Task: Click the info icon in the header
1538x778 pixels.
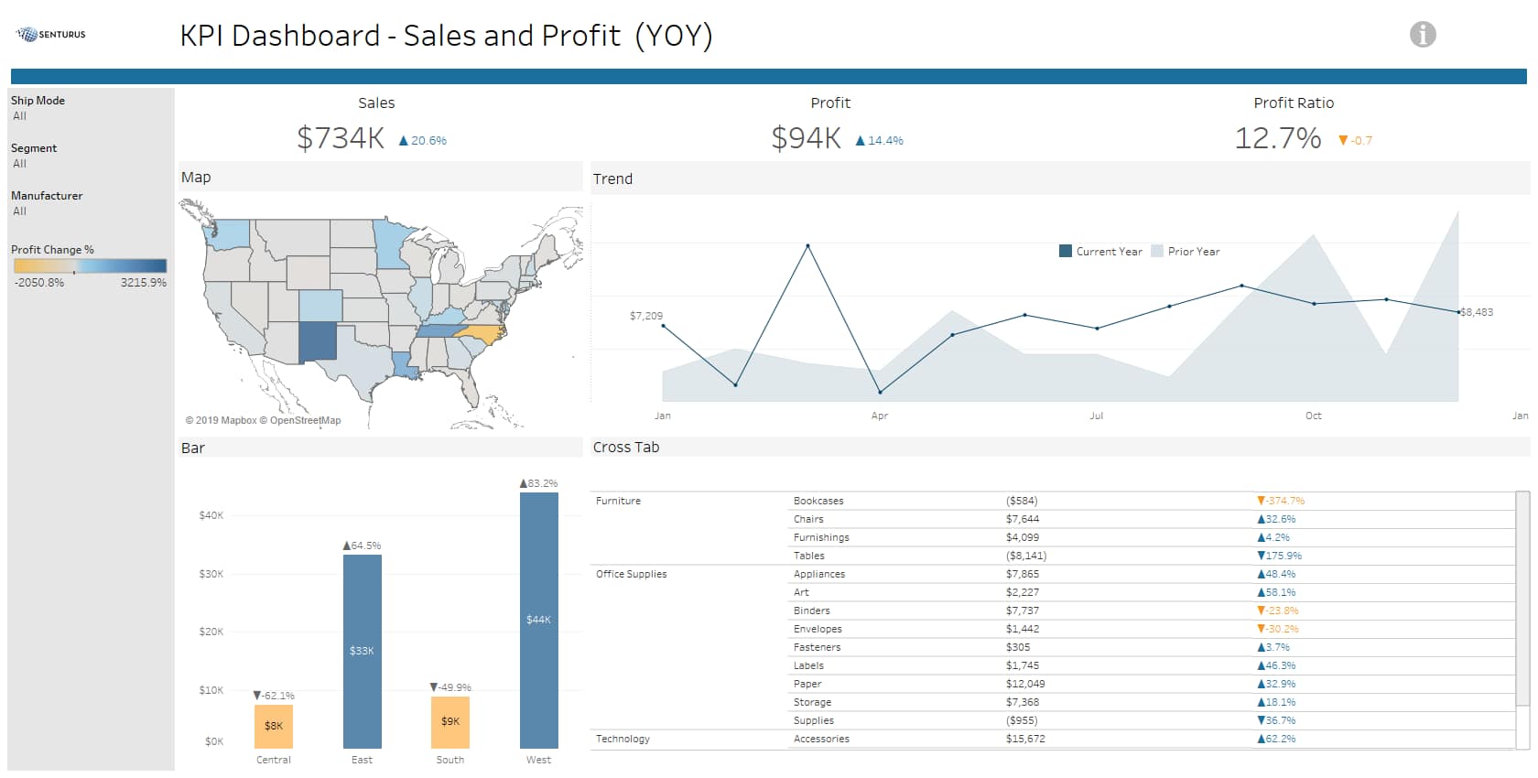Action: click(x=1422, y=35)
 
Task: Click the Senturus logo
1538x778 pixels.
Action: click(x=51, y=35)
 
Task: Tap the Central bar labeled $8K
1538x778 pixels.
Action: click(x=274, y=726)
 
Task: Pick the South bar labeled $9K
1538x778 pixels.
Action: click(x=450, y=721)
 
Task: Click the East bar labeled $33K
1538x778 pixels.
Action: click(x=362, y=651)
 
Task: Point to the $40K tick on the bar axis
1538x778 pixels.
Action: click(x=211, y=515)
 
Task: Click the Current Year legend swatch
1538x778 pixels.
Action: click(x=1065, y=252)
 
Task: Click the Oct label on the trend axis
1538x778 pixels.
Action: click(x=1313, y=416)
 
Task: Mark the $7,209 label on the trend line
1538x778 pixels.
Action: click(x=646, y=316)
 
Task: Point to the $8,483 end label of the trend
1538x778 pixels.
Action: click(x=1477, y=312)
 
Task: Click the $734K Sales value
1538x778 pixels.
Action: click(x=341, y=138)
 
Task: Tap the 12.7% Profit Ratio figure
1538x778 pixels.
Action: click(x=1277, y=138)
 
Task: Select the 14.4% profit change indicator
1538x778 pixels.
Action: click(x=880, y=141)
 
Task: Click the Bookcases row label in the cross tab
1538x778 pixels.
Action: click(x=818, y=501)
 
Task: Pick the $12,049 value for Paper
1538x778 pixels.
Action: click(x=1025, y=684)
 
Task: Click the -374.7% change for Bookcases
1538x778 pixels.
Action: click(x=1281, y=501)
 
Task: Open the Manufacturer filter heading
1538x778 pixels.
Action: click(x=47, y=196)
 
